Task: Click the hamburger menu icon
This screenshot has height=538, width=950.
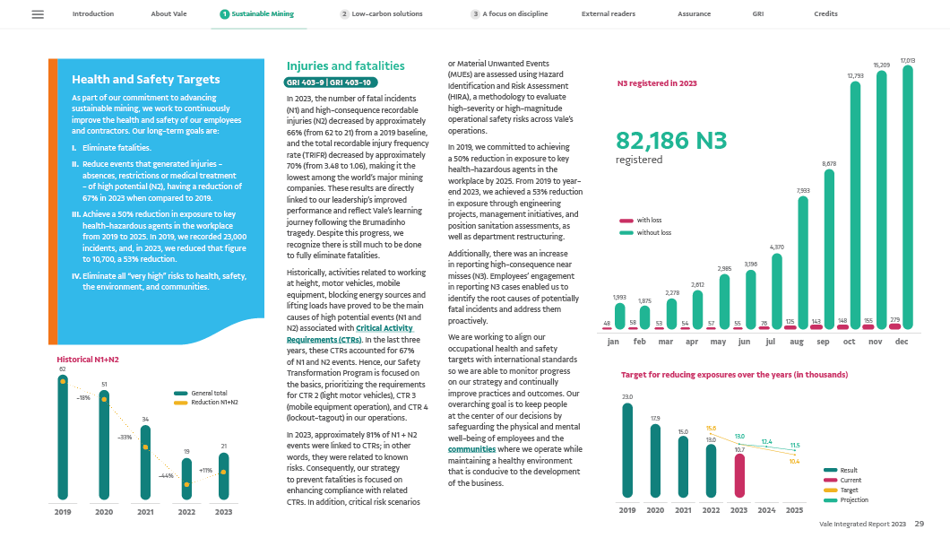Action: (38, 14)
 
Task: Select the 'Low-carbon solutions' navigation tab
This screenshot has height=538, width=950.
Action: (380, 14)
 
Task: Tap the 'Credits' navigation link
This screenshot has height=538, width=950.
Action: (825, 14)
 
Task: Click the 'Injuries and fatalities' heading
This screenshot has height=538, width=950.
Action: (345, 65)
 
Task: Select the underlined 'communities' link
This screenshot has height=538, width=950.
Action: (471, 449)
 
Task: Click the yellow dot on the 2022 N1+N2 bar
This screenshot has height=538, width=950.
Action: (187, 484)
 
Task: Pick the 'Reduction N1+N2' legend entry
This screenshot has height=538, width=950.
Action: (212, 403)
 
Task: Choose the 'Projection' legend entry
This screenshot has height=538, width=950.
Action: (853, 499)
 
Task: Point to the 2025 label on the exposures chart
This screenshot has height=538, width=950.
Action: (794, 510)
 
